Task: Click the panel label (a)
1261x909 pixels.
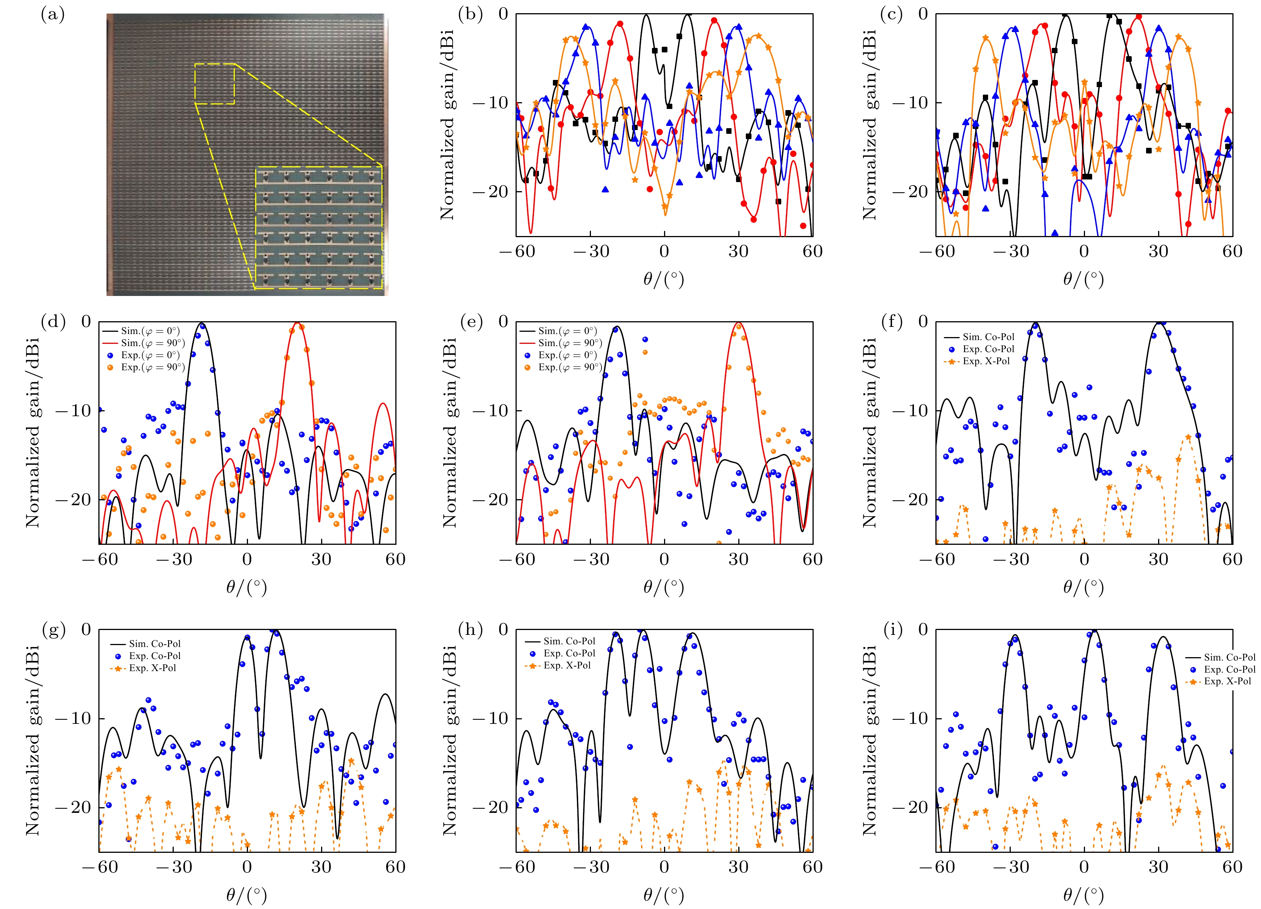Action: click(53, 15)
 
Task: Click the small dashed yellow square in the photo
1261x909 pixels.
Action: click(214, 83)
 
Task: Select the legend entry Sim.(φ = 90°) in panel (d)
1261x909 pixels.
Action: click(153, 343)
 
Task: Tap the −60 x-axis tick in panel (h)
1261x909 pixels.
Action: click(517, 867)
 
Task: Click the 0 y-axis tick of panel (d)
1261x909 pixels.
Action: click(86, 322)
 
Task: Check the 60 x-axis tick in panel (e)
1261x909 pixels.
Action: click(812, 559)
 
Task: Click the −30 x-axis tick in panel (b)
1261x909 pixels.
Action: click(591, 251)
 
